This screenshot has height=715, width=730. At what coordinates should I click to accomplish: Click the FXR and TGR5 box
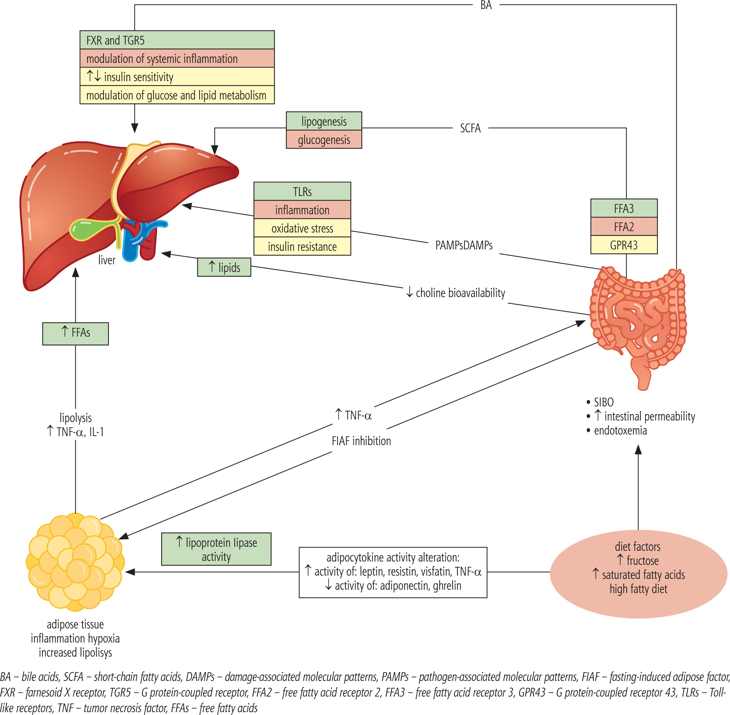(x=177, y=40)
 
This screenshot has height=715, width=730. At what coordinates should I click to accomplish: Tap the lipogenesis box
(x=324, y=121)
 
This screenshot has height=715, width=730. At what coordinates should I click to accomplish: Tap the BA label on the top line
(x=486, y=5)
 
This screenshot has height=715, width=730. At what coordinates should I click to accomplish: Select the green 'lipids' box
(x=224, y=267)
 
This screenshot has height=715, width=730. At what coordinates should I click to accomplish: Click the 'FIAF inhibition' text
(x=361, y=441)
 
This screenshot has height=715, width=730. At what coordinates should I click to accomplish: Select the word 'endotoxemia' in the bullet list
(x=620, y=430)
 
